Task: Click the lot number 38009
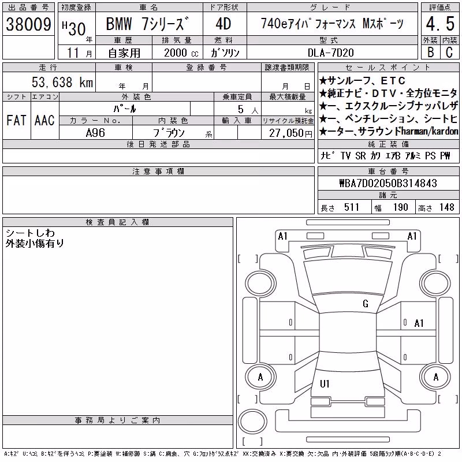[28, 24]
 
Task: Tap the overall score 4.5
[440, 24]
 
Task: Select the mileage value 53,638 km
[62, 82]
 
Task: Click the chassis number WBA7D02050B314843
[388, 183]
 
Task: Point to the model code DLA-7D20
[330, 53]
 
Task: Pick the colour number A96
[95, 133]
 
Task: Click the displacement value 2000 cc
[181, 53]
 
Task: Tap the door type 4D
[223, 24]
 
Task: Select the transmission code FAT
[16, 120]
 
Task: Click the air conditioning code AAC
[44, 120]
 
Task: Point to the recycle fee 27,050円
[290, 133]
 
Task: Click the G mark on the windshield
[366, 303]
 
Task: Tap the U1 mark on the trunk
[325, 383]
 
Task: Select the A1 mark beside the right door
[419, 323]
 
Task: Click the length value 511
[352, 207]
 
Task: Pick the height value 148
[446, 207]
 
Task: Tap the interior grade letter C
[449, 53]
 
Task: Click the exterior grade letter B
[430, 53]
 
